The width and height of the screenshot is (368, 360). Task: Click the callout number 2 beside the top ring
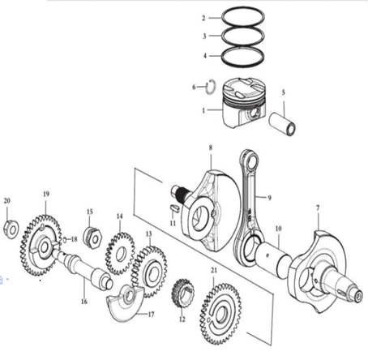pos(203,18)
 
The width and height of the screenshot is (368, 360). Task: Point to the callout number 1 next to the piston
pos(203,110)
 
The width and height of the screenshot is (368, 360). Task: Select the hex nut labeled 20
pos(11,229)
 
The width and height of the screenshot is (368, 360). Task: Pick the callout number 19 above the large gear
pos(46,194)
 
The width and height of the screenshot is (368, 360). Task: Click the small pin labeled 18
pos(65,239)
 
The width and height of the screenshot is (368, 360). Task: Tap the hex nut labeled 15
pos(92,238)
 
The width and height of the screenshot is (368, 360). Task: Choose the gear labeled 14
pos(120,254)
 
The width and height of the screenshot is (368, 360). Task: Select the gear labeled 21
pos(220,314)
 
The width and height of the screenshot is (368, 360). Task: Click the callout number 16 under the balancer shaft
pos(84,302)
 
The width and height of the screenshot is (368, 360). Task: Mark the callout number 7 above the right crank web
pos(318,208)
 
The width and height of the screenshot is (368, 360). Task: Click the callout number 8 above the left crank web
pos(211,148)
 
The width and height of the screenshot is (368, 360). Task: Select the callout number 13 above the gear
pos(149,234)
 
